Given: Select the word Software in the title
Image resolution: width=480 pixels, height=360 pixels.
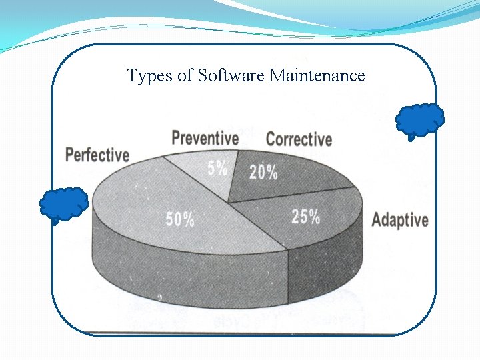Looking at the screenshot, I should click(x=231, y=76).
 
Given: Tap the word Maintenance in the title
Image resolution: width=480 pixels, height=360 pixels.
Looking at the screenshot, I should click(x=317, y=76).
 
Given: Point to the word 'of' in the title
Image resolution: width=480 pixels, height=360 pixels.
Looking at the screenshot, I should click(x=185, y=76).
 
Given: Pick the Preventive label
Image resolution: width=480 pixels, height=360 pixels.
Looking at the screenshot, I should click(x=205, y=139).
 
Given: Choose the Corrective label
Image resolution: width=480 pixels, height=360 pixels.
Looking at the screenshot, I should click(x=299, y=139).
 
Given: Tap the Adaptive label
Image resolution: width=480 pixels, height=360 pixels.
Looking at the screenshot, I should click(x=400, y=220).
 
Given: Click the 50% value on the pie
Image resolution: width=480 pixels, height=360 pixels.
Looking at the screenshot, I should click(x=180, y=219).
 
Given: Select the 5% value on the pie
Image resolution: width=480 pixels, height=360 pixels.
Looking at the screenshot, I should click(x=217, y=169).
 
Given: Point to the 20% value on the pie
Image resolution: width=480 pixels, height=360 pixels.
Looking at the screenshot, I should click(x=263, y=172).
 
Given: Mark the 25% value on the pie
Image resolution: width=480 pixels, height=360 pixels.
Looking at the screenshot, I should click(x=305, y=217).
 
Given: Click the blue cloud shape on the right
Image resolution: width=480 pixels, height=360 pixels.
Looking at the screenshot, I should click(x=419, y=121).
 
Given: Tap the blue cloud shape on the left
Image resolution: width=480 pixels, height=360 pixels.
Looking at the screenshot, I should click(x=63, y=204).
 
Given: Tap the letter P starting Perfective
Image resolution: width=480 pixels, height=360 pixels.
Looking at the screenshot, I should click(x=69, y=155).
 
